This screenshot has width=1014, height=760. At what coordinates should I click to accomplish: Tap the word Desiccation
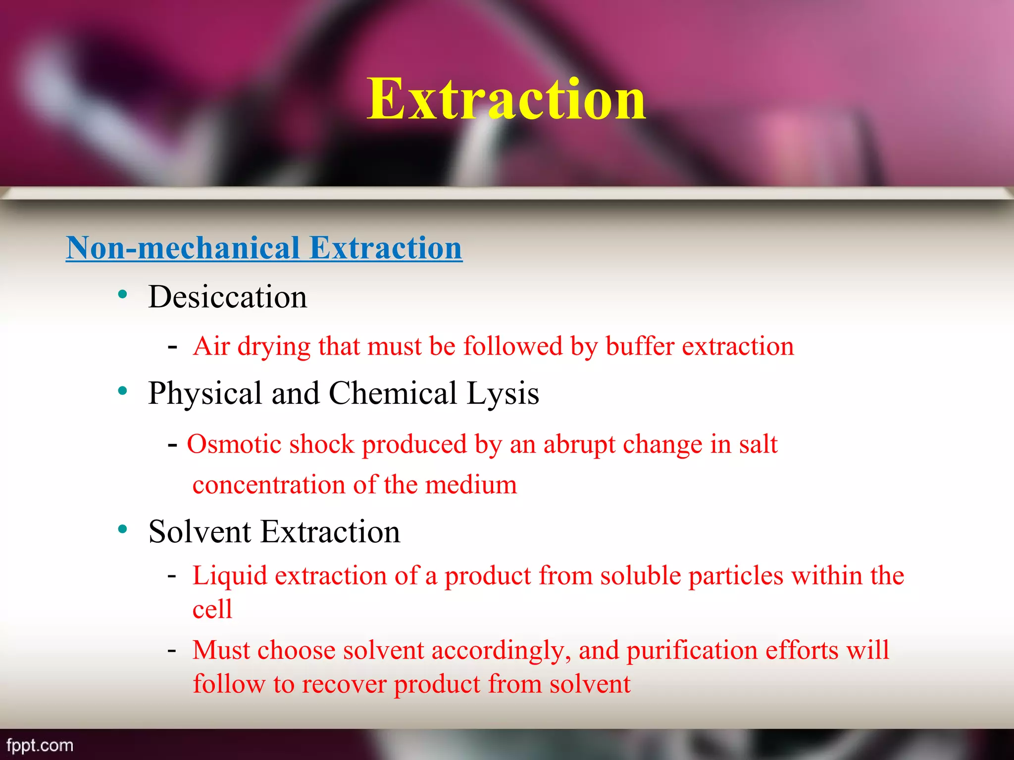[x=227, y=297]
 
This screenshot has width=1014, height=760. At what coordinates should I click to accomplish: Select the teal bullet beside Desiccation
[x=123, y=295]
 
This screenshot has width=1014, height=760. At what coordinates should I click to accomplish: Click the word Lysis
[x=503, y=393]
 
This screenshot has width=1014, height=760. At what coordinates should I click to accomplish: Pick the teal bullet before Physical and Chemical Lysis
[x=123, y=391]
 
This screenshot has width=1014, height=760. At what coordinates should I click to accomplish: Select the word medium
[x=471, y=484]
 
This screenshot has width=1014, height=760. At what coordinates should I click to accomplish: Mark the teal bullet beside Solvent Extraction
[x=123, y=530]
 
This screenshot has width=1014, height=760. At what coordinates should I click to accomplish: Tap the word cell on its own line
[x=212, y=609]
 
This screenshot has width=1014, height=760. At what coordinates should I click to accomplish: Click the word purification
[x=692, y=651]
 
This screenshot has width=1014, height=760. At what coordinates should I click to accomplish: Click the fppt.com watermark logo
[x=40, y=745]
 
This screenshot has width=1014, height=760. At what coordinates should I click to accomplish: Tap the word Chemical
[x=393, y=393]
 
